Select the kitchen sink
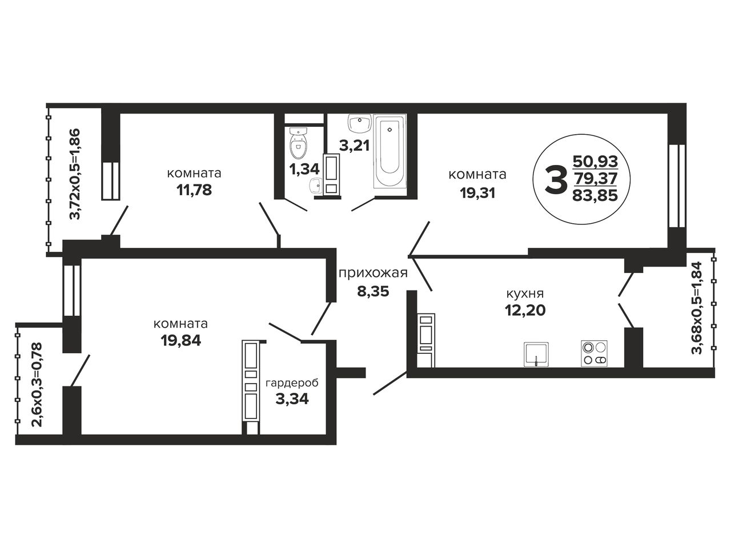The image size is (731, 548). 536,354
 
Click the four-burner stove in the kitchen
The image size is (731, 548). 594,353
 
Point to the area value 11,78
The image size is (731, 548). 194,190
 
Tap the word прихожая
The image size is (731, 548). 373,273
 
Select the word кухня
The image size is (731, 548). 525,294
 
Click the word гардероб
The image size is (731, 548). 292,383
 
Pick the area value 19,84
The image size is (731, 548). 181,340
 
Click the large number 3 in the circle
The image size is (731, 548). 556,180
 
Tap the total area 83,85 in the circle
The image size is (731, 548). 595,195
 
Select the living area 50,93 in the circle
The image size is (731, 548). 596,162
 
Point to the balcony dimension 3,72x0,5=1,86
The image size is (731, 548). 75,174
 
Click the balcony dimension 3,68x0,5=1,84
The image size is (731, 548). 697,308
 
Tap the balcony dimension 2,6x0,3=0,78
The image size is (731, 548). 37,384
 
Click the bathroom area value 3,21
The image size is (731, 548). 354,146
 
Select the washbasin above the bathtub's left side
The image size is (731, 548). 359,124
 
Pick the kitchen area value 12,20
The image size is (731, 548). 525,310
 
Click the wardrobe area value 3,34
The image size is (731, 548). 292,398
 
